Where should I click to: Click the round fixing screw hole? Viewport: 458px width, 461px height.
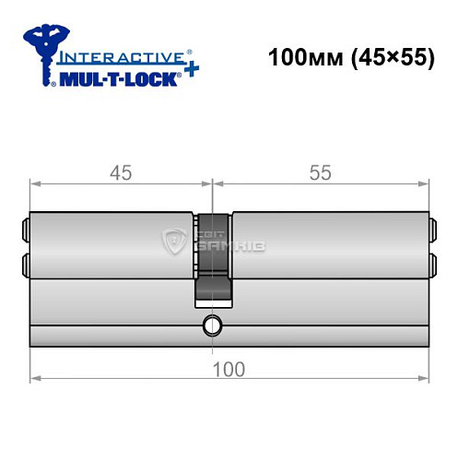(213, 325)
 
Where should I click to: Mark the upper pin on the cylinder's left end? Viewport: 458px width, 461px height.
(24, 227)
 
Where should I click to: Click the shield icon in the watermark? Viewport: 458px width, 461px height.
(175, 242)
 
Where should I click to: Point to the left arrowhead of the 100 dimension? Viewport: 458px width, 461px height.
(34, 378)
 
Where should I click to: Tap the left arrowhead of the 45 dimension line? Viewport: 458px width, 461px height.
(34, 183)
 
